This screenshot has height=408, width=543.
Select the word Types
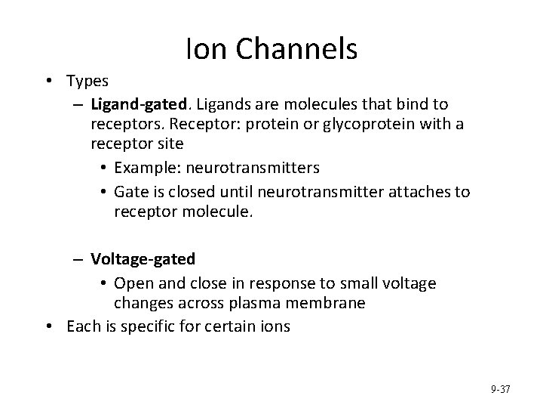87,80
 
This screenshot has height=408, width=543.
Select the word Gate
130,192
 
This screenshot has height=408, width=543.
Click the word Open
131,283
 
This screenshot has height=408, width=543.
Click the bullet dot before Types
49,81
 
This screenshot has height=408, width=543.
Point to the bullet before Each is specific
49,327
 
